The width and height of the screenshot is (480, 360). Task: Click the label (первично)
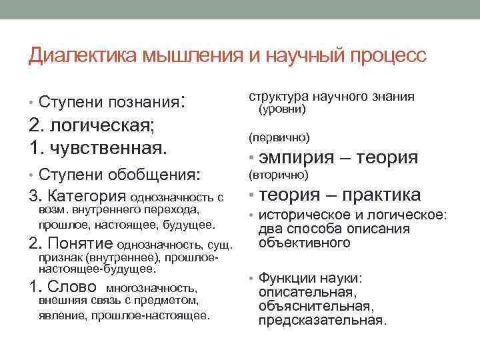coord(279,137)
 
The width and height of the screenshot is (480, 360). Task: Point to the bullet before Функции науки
coord(251,278)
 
